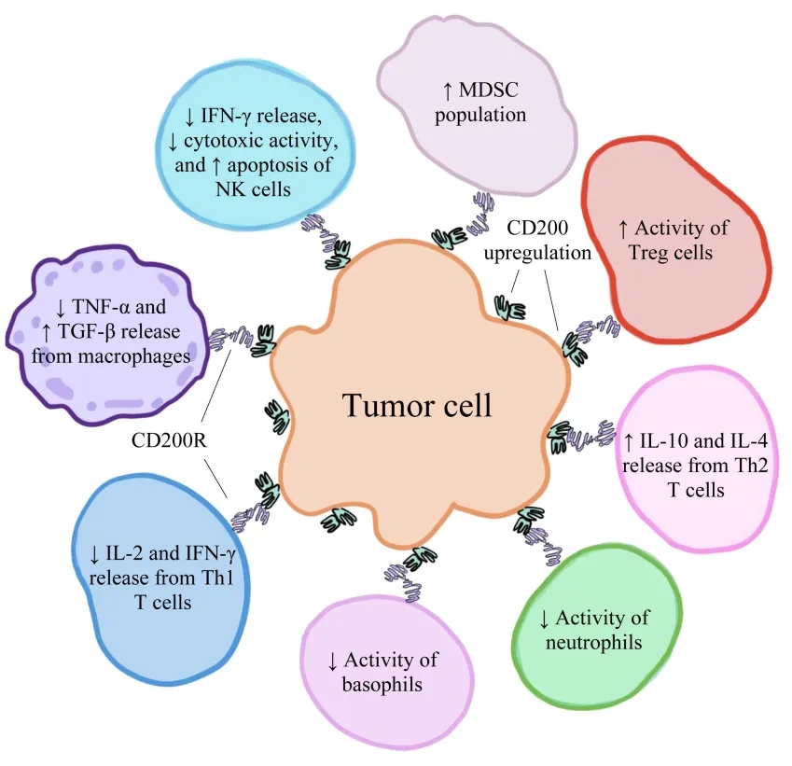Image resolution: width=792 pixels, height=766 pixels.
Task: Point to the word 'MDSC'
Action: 493,91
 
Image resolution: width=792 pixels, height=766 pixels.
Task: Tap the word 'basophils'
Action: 382,685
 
